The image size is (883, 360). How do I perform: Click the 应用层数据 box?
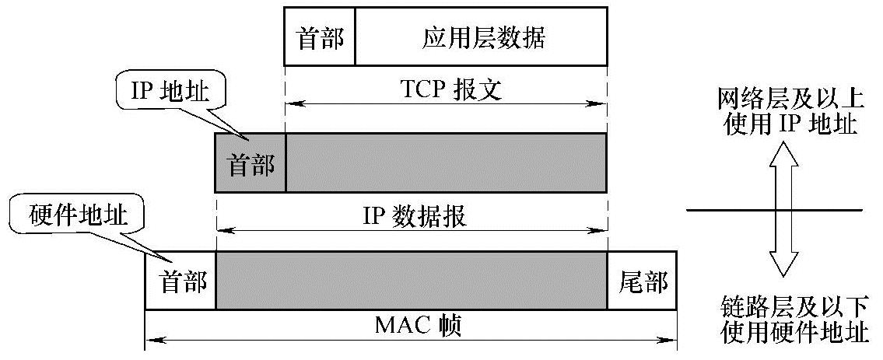(x=481, y=37)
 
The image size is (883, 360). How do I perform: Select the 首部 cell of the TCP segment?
(x=320, y=37)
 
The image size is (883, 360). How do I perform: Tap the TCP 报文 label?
(x=446, y=91)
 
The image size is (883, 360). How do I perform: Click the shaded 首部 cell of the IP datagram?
(x=251, y=163)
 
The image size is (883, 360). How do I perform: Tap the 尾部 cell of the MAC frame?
(x=642, y=281)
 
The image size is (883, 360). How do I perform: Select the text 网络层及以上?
(x=788, y=100)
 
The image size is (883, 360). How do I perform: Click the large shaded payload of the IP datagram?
(x=446, y=163)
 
